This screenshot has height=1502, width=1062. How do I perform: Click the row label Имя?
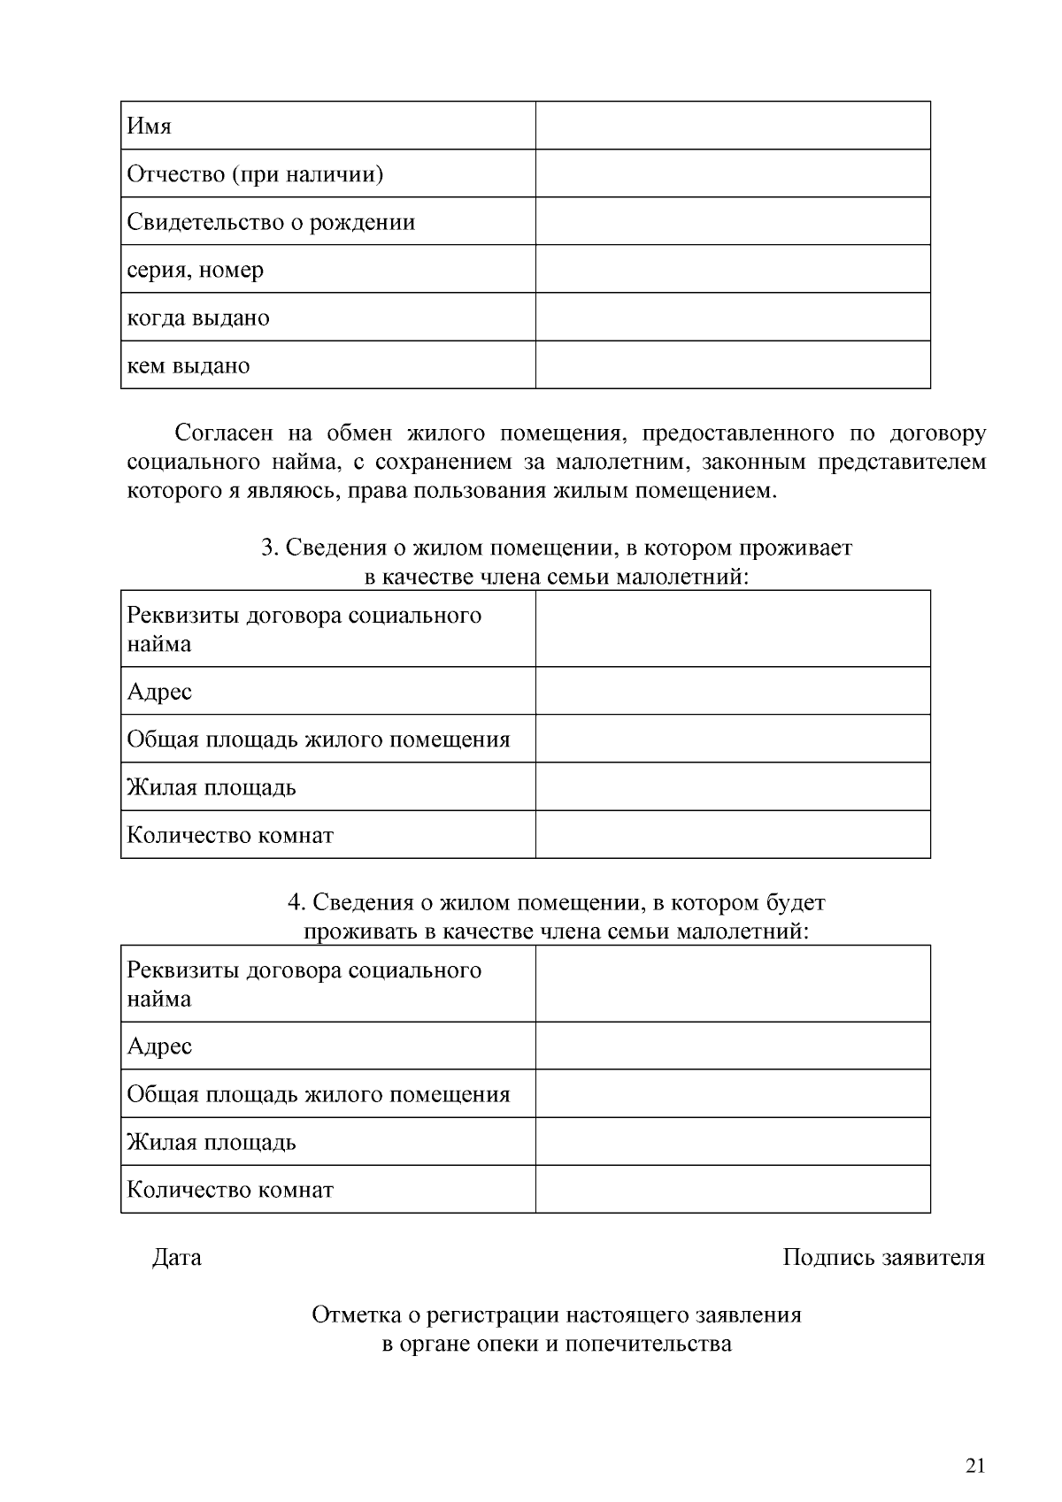point(149,126)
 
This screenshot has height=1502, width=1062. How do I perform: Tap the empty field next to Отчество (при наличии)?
point(732,173)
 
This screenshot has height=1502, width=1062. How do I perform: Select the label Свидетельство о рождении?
point(271,221)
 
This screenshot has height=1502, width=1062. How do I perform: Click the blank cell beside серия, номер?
point(732,269)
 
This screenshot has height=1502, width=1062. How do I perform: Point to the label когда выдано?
point(198,317)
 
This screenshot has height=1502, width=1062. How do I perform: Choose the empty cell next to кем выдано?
point(732,364)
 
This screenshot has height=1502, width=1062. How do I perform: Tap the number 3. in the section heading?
point(270,548)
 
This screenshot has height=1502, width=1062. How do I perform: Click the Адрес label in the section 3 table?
point(159,691)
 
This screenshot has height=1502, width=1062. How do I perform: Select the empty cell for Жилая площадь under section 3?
point(732,786)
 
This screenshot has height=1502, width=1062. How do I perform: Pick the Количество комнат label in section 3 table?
point(230,835)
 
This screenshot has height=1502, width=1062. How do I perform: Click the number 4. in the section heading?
point(296,902)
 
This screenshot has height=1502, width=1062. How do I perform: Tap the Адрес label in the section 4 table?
point(159,1046)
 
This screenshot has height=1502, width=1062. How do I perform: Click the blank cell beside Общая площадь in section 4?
point(732,1093)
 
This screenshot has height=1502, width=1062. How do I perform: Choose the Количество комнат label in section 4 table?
point(230,1189)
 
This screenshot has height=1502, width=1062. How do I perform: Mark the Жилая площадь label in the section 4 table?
point(212,1141)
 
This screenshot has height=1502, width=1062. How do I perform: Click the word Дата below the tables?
point(177,1257)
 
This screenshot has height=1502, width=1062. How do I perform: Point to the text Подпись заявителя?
point(882,1257)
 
